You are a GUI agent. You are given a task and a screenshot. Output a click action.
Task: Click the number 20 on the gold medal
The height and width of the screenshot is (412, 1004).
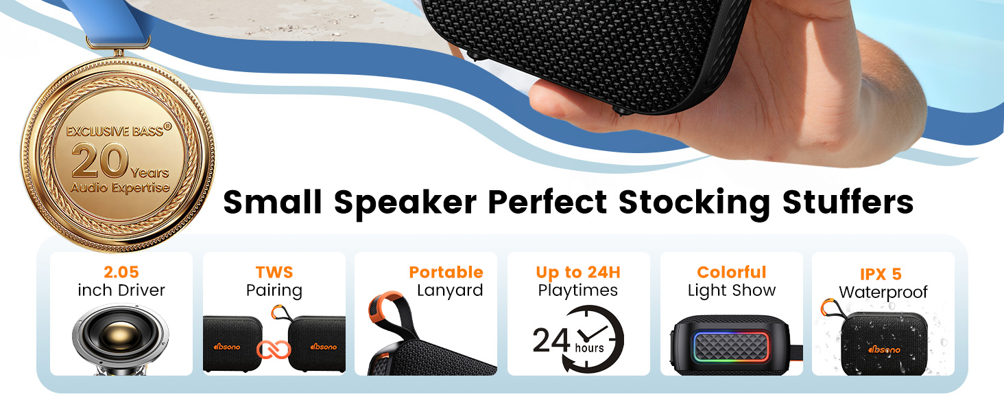coord(99,162)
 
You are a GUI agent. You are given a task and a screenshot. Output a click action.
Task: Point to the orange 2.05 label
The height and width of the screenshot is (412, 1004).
coord(121,272)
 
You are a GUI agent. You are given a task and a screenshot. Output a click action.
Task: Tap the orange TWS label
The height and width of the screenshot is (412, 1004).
coord(274,272)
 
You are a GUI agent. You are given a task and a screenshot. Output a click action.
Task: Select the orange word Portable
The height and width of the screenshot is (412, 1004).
coord(446,272)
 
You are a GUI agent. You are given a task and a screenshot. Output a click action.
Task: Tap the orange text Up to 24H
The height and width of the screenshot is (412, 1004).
coord(578,272)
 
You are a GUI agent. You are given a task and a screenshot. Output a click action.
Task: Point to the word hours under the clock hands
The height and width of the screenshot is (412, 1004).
coord(589,348)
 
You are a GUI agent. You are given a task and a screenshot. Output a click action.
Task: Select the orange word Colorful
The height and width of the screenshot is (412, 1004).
coord(731,272)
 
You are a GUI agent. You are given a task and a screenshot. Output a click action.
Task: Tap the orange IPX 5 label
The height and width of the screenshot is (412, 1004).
coord(883,275)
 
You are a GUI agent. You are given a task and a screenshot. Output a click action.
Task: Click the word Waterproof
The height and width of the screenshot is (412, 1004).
coord(883,293)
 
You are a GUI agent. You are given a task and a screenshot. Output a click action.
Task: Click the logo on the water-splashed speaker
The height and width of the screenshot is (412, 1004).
coord(884,350)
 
